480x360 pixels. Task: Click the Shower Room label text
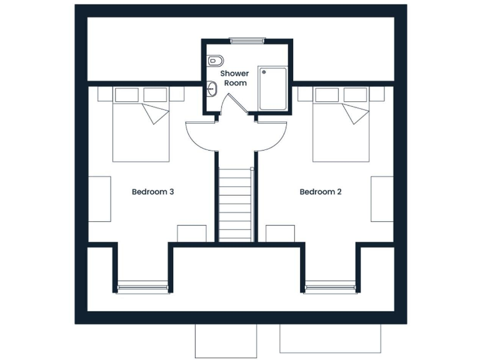pos(235,78)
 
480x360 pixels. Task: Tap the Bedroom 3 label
pos(152,192)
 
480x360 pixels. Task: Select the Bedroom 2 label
pos(321,192)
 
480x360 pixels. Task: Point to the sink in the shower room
pos(212,90)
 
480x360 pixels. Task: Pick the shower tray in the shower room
pos(273,89)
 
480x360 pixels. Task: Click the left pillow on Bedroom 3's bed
pos(127,95)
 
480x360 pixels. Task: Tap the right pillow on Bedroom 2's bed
pos(355,95)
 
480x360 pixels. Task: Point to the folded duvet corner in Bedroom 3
pos(156,114)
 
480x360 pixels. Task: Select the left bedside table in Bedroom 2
pos(305,94)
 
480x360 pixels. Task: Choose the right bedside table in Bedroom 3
pos(176,94)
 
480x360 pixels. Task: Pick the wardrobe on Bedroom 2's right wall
pos(382,199)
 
